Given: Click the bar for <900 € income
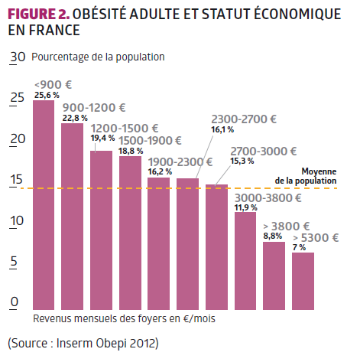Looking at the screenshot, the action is point(44,205).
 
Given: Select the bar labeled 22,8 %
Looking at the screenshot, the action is point(72,217).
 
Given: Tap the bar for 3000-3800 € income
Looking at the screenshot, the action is point(245,261).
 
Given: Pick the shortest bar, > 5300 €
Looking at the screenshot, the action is point(303,281).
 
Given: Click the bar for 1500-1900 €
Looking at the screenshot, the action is point(130,233).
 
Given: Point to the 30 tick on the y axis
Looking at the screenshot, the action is point(18,57).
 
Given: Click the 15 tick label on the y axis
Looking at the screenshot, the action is point(16,180).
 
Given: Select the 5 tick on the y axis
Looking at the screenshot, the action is point(14,261).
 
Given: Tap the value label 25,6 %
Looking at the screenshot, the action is point(47,95).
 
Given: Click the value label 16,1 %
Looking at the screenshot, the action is point(222,129).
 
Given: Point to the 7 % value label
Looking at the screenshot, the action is point(299,247).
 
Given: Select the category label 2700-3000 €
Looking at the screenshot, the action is point(264,152).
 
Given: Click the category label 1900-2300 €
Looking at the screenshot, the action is point(180,162).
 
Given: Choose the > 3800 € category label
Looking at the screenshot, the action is point(287,227).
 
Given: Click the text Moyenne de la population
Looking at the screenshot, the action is point(306,176).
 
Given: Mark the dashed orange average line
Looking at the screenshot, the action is point(178,188).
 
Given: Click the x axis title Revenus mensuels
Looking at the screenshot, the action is point(124,318).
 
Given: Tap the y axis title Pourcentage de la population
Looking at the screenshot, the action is point(98,57).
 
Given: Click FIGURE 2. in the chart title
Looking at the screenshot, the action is point(38,14).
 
